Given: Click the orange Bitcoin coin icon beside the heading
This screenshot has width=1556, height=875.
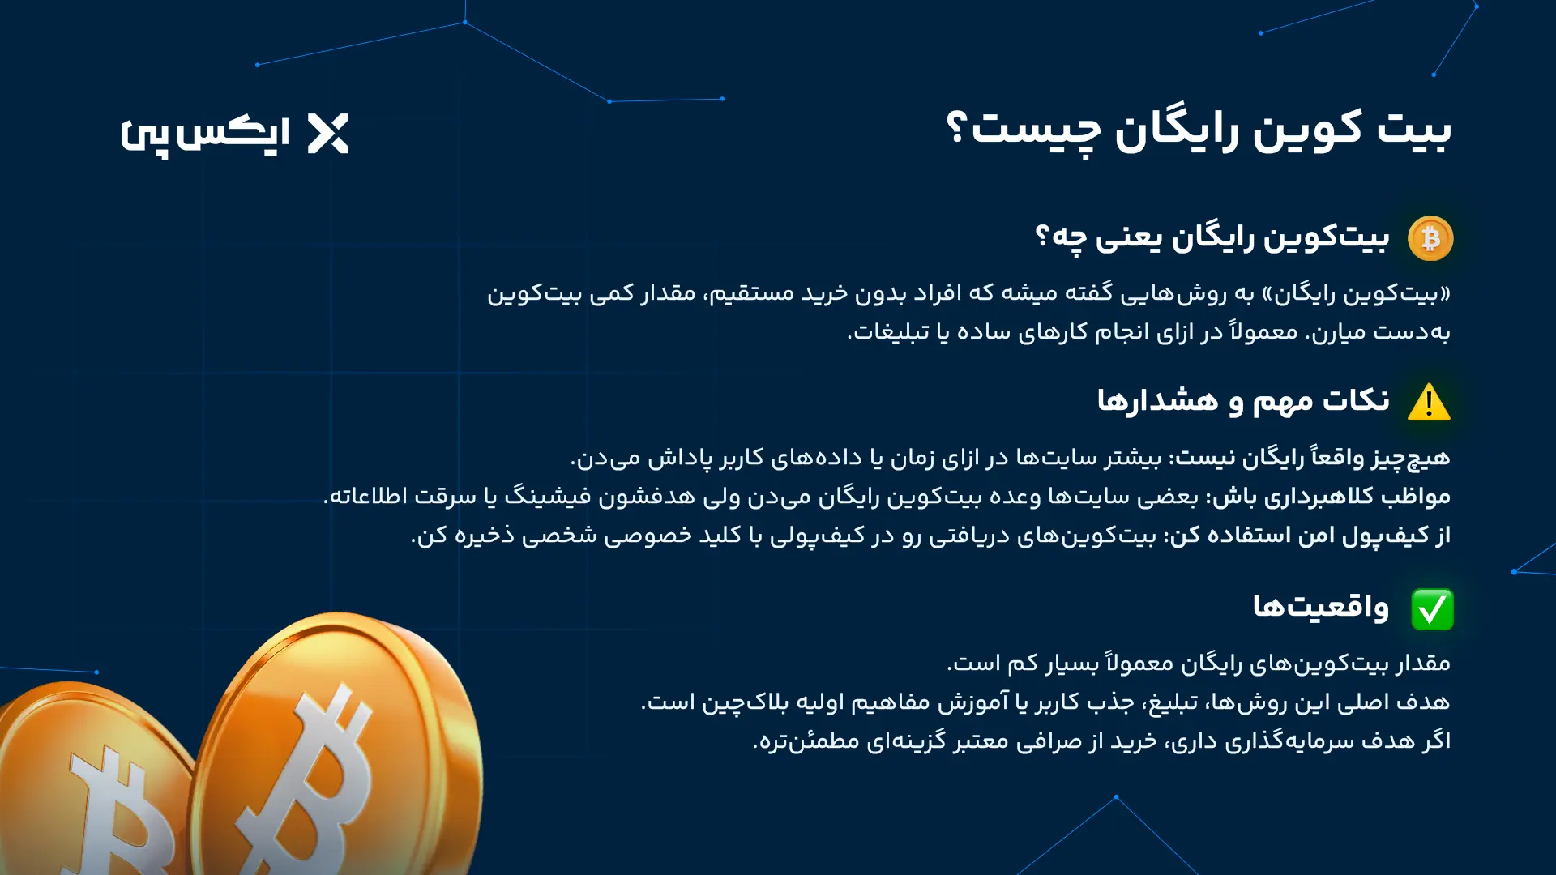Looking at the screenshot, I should tap(1430, 238).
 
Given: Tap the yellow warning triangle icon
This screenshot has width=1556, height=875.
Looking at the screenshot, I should tap(1429, 403).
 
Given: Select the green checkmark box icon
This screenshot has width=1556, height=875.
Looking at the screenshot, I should tap(1432, 609).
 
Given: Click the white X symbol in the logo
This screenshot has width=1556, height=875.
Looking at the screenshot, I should tap(328, 134).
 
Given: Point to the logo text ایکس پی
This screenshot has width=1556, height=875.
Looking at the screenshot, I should tap(205, 135).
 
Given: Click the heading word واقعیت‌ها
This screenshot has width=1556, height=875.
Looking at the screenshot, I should tap(1320, 606).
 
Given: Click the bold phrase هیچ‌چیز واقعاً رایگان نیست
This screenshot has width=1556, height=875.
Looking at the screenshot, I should tap(1313, 458).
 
